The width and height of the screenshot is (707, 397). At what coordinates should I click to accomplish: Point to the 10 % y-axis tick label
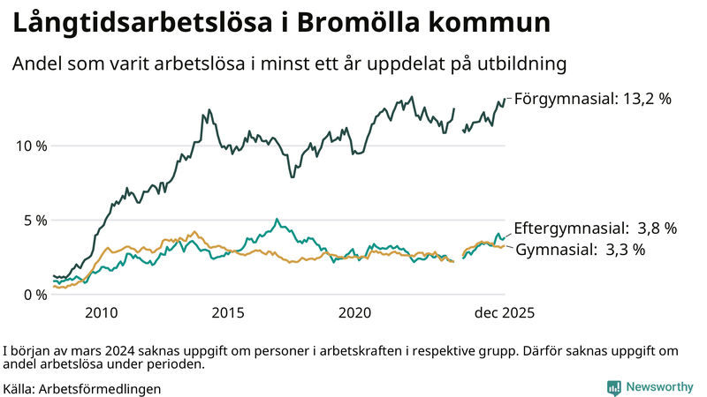pyautogui.click(x=30, y=146)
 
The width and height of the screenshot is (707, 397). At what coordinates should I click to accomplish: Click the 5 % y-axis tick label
pyautogui.click(x=34, y=220)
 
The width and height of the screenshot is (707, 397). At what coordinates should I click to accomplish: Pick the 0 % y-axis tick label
pyautogui.click(x=34, y=295)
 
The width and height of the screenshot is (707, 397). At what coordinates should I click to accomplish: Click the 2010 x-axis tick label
pyautogui.click(x=102, y=313)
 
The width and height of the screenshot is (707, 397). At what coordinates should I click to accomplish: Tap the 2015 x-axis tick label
pyautogui.click(x=228, y=313)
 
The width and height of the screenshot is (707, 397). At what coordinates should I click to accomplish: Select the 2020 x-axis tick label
pyautogui.click(x=354, y=313)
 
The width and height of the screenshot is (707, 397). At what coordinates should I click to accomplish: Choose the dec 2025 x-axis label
pyautogui.click(x=505, y=313)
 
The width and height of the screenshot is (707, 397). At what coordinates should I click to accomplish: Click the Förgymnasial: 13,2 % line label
pyautogui.click(x=592, y=99)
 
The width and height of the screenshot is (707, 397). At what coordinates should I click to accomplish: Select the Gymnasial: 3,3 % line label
pyautogui.click(x=580, y=250)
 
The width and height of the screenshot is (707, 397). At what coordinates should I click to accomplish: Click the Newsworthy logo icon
pyautogui.click(x=613, y=387)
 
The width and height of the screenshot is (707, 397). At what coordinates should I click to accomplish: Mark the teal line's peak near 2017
pyautogui.click(x=277, y=219)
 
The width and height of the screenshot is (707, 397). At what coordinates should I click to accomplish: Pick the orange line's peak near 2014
pyautogui.click(x=194, y=232)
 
